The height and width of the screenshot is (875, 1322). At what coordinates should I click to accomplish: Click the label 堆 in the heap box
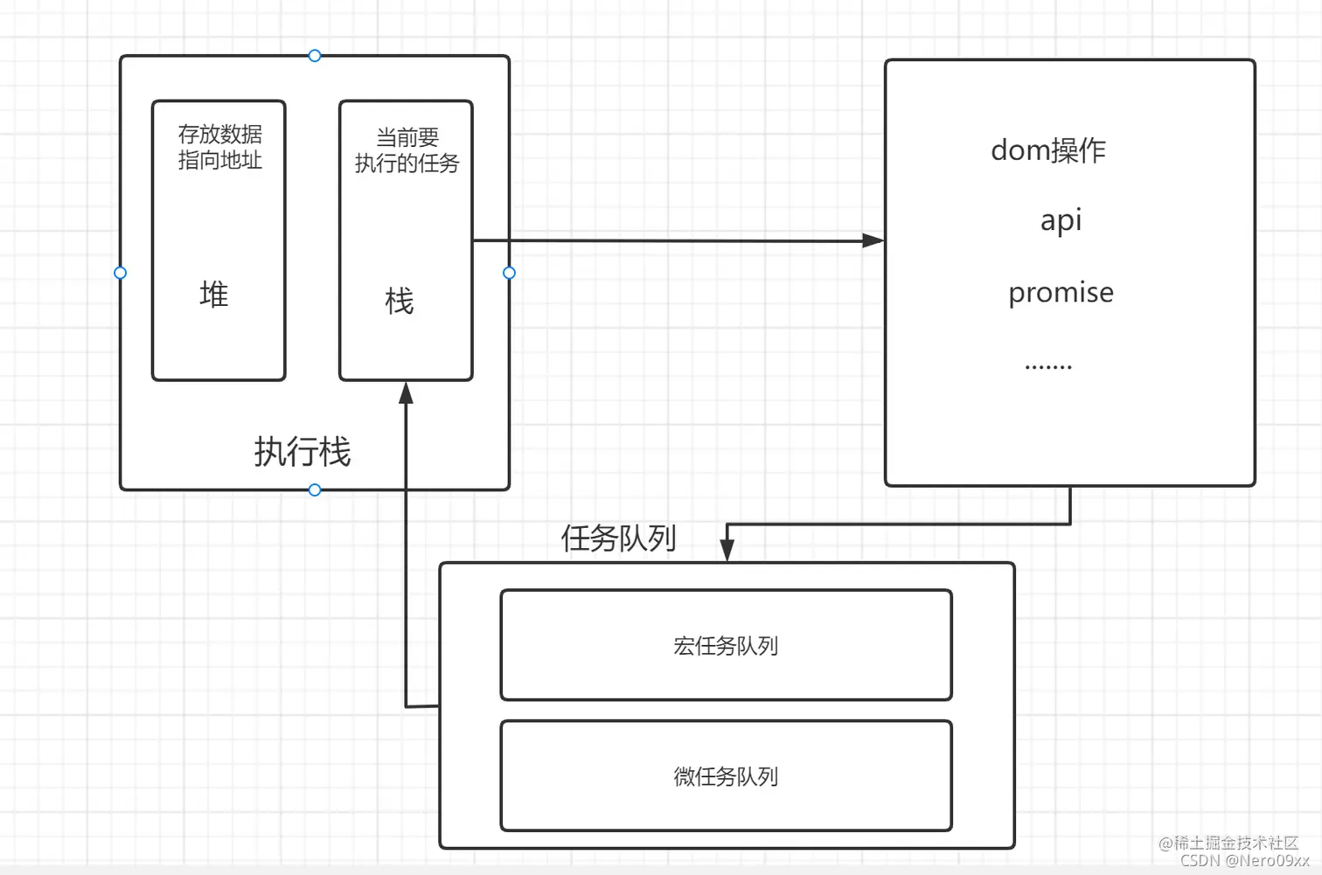click(214, 295)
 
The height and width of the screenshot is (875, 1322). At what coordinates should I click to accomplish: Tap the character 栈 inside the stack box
click(400, 302)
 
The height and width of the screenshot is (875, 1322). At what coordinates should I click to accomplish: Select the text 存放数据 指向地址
click(219, 147)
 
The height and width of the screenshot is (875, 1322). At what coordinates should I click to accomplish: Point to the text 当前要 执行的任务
click(407, 150)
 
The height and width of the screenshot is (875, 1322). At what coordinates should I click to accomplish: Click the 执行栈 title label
click(303, 452)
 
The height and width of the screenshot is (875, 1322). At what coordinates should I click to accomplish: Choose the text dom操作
click(1047, 150)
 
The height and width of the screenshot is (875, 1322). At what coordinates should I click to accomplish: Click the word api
click(1061, 219)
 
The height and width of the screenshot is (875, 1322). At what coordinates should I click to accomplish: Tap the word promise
click(1061, 292)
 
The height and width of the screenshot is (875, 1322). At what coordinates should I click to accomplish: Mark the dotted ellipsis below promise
click(1047, 366)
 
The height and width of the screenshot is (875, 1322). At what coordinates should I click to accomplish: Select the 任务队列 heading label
click(618, 538)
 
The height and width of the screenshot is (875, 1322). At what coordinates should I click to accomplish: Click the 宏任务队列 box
click(726, 645)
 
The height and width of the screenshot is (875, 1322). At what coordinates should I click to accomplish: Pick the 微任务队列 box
click(726, 775)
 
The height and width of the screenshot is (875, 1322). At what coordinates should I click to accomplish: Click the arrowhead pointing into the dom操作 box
click(873, 240)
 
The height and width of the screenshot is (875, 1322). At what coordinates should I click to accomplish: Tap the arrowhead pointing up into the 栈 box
click(406, 393)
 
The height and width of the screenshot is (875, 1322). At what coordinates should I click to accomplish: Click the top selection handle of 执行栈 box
click(315, 56)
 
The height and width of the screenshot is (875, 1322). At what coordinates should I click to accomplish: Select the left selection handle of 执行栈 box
click(121, 273)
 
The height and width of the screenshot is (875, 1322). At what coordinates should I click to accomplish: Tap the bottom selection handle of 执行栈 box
click(315, 490)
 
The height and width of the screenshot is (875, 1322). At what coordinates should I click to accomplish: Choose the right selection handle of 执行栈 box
click(510, 273)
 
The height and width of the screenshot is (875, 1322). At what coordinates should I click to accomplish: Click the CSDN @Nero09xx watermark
click(1244, 860)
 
